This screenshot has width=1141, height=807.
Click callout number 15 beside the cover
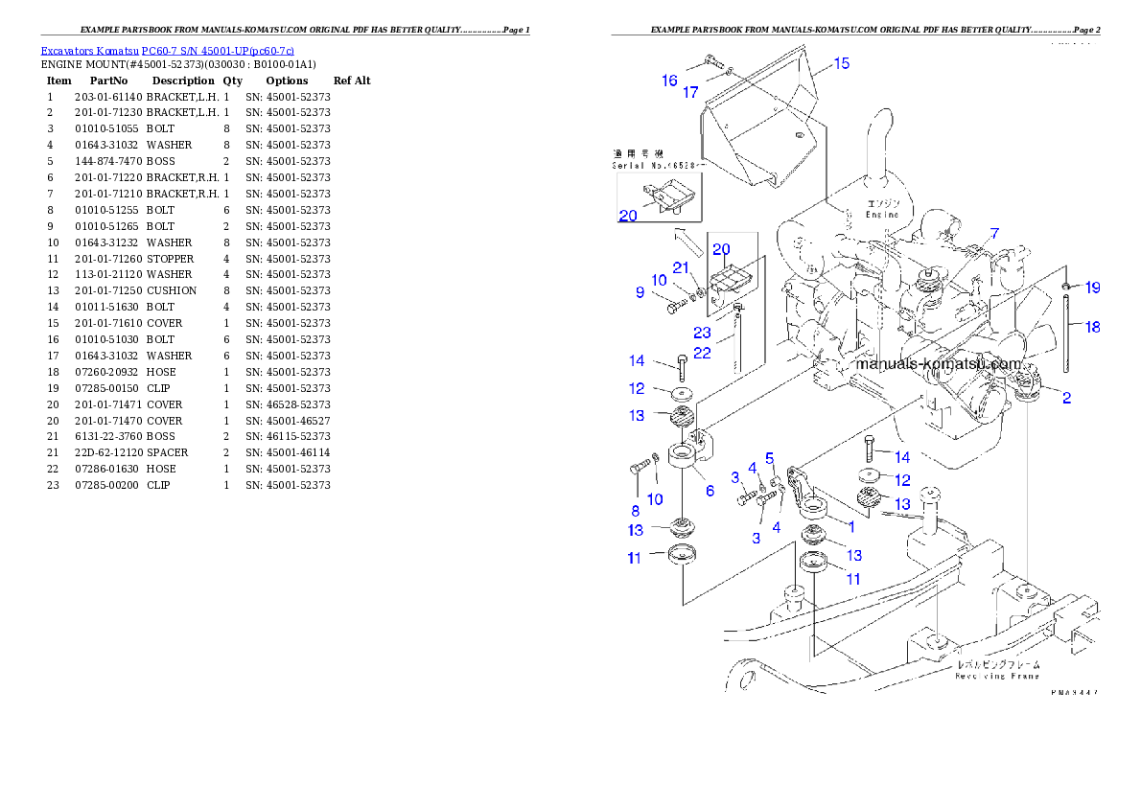(x=840, y=64)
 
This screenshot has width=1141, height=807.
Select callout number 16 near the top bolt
(x=669, y=81)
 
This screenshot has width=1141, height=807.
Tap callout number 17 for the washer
(x=690, y=93)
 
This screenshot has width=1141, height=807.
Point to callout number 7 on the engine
(x=994, y=233)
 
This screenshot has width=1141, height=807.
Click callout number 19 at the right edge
(x=1092, y=288)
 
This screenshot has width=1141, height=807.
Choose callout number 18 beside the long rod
(x=1092, y=327)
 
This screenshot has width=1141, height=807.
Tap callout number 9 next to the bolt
(x=640, y=292)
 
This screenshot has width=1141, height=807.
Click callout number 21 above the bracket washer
(x=680, y=266)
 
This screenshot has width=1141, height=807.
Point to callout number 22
(x=703, y=353)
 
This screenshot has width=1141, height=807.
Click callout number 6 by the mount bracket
(x=709, y=490)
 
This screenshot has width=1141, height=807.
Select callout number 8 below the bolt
(x=634, y=511)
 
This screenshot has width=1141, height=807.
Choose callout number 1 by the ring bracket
(x=850, y=525)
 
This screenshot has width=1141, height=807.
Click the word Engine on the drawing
(x=882, y=215)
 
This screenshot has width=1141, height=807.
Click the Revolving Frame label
(x=997, y=670)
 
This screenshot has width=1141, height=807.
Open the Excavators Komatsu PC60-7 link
(x=167, y=51)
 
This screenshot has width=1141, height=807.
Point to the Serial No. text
(x=656, y=166)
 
